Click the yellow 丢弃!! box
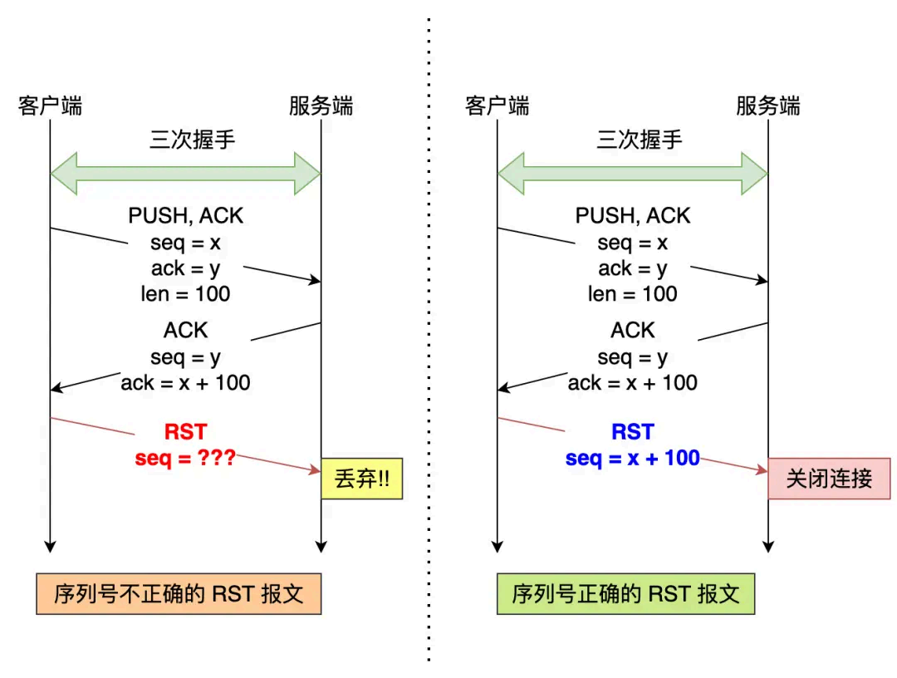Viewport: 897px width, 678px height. coord(361,479)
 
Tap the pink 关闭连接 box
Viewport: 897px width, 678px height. coord(828,479)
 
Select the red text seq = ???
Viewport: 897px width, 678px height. coord(185,458)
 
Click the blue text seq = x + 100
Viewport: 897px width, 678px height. coord(633,458)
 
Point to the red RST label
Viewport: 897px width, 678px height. coord(185,432)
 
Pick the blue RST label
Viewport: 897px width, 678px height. coord(633,432)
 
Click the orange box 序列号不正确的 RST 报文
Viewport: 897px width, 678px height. coord(179,593)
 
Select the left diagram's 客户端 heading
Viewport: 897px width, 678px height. coord(50,106)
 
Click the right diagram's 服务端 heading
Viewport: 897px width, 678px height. coord(768,106)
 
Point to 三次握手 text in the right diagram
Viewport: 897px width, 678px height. coord(640,139)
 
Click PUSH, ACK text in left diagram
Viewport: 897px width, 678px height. coord(186,216)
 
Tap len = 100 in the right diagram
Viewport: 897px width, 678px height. coord(633,294)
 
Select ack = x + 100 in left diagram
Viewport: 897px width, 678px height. coord(185,383)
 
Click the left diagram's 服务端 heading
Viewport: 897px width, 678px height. coord(321,106)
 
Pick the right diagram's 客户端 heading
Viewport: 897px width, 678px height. coord(497,106)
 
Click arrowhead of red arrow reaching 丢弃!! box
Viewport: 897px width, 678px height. coord(315,471)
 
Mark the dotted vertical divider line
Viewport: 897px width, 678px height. coord(429,332)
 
